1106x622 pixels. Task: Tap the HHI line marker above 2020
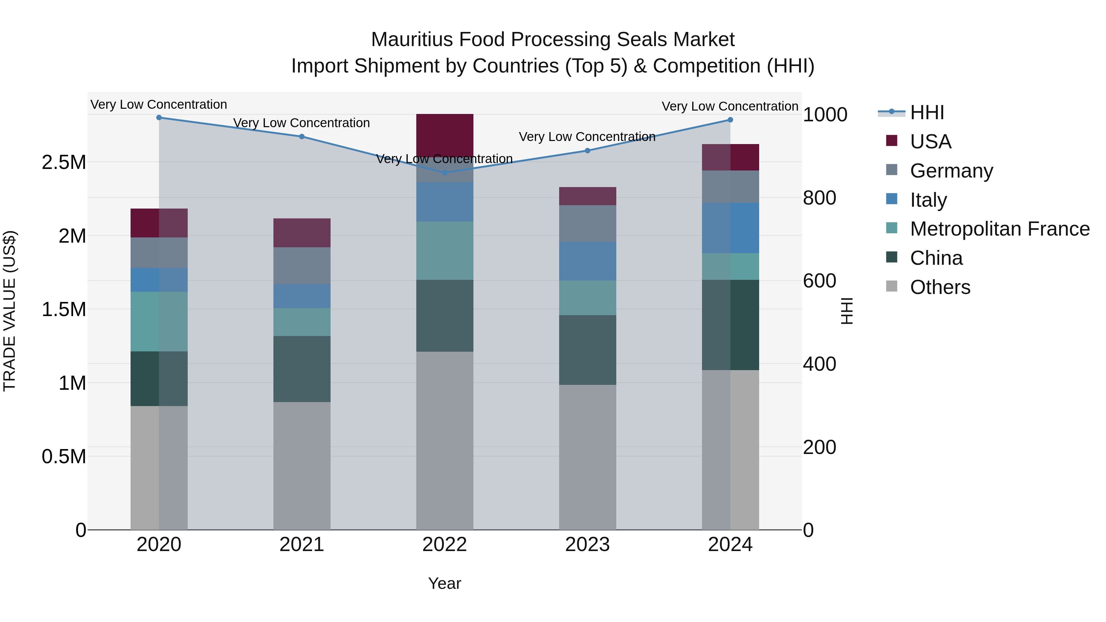(x=159, y=118)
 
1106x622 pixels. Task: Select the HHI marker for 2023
(x=587, y=151)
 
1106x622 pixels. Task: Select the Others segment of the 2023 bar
(x=587, y=457)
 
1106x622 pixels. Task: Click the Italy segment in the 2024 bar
(x=730, y=228)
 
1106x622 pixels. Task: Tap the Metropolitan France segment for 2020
(x=159, y=322)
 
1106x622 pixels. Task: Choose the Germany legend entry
(x=951, y=171)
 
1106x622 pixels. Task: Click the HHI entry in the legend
(x=927, y=112)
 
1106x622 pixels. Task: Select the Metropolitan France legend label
(x=999, y=229)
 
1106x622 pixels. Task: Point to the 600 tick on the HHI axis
(x=819, y=281)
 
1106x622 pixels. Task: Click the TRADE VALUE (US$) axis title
(x=10, y=311)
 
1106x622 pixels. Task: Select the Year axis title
(x=444, y=583)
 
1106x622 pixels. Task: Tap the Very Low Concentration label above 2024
(x=730, y=107)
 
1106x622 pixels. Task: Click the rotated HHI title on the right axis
(x=847, y=311)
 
